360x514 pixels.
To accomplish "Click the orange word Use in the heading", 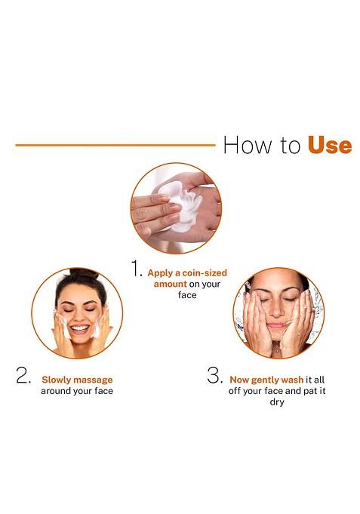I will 330,145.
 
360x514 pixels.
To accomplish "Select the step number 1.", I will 137,270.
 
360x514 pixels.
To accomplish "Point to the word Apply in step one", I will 162,272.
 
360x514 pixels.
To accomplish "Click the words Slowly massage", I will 77,380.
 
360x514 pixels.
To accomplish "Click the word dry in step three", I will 277,402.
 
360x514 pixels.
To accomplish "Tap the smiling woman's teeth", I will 79,328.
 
